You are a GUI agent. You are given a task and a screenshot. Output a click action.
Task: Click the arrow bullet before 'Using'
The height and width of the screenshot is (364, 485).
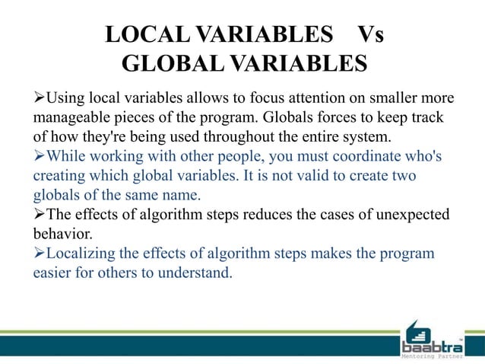point(40,99)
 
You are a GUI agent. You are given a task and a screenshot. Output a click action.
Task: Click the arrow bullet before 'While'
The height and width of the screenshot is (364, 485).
point(40,157)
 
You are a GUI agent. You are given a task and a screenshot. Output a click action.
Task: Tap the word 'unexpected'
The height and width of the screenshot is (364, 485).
point(411,215)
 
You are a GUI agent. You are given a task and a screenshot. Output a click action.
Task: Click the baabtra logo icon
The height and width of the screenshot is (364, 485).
point(417,331)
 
